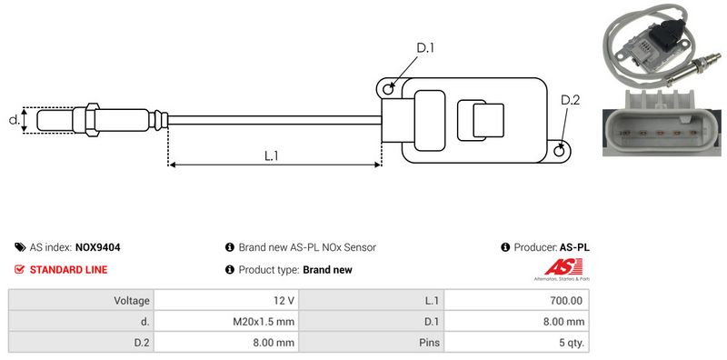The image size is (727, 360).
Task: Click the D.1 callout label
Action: pyautogui.click(x=424, y=48)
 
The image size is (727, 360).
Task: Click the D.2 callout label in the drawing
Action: pyautogui.click(x=570, y=100)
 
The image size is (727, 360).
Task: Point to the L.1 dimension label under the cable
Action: pyautogui.click(x=271, y=155)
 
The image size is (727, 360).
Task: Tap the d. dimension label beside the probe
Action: pyautogui.click(x=15, y=120)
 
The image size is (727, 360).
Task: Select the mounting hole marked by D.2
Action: pyautogui.click(x=560, y=150)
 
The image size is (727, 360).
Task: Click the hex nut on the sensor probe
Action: pyautogui.click(x=92, y=119)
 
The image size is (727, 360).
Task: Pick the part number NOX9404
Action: pyautogui.click(x=97, y=248)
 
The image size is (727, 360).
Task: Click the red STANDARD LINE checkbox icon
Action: pyautogui.click(x=19, y=269)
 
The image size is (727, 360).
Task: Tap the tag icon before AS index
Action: pyautogui.click(x=20, y=247)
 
